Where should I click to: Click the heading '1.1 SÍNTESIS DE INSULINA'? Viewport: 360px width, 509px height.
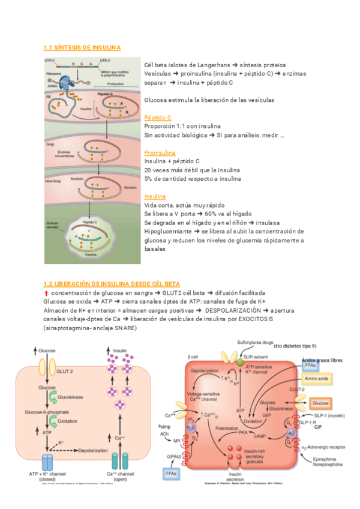(82, 47)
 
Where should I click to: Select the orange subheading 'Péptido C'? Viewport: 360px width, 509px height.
(158, 118)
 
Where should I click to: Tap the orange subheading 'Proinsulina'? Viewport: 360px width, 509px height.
(160, 153)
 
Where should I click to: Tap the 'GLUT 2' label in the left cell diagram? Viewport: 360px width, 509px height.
(65, 371)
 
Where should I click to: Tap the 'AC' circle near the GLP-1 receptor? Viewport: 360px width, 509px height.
(291, 432)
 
